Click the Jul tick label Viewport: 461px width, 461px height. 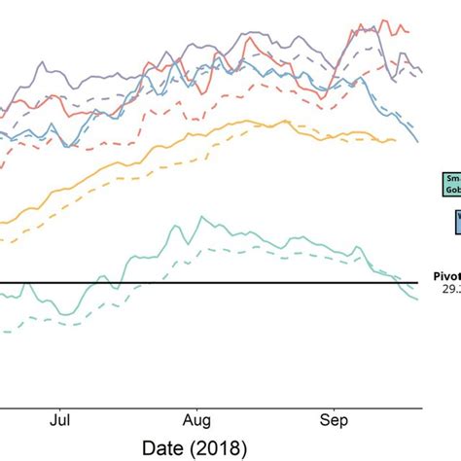60,422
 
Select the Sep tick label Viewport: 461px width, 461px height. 335,422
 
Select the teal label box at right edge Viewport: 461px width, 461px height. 452,185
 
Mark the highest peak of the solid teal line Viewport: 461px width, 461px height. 201,217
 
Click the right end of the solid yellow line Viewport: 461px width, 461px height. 396,140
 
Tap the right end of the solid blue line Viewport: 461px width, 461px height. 419,142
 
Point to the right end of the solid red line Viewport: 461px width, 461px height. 409,32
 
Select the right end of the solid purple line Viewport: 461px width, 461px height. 420,71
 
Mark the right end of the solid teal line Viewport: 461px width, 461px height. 419,299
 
